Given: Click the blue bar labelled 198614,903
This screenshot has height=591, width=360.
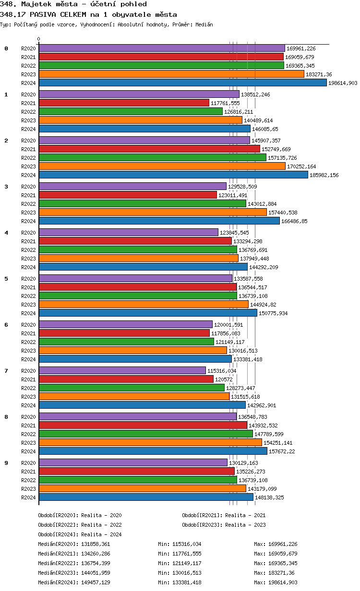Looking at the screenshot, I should [x=182, y=83].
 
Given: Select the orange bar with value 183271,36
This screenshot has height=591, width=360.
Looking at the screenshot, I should [x=171, y=74].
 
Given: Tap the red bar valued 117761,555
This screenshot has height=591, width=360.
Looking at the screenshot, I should [x=124, y=103].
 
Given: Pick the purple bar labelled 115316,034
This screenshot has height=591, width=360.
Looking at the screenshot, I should [x=122, y=370].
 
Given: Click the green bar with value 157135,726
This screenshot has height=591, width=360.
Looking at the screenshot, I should [x=152, y=157].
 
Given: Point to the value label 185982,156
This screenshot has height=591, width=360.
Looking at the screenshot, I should [x=324, y=175].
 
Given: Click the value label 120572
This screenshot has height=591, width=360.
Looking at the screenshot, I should [x=224, y=379].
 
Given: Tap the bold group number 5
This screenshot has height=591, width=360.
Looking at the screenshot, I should [x=6, y=279].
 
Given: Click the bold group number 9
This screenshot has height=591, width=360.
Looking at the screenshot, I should [x=6, y=463].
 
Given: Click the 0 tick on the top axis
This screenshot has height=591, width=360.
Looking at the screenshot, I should [x=39, y=39].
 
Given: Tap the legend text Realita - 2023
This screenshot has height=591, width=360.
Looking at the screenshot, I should [x=245, y=525].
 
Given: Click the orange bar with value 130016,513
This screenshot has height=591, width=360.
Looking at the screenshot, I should [x=132, y=350].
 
